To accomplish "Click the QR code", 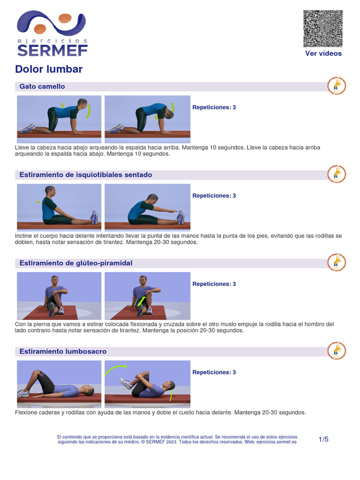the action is (x=323, y=29).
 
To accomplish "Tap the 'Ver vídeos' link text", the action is (x=323, y=53).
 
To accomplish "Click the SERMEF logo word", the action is (x=52, y=51).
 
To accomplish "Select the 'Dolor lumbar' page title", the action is (x=49, y=69).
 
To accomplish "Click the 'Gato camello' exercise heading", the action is (x=42, y=86).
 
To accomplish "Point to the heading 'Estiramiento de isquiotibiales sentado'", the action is (x=86, y=175).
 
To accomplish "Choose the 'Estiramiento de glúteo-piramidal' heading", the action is (x=76, y=263).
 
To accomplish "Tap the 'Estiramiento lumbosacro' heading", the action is (x=63, y=352).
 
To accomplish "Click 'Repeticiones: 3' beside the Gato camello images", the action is (x=214, y=107).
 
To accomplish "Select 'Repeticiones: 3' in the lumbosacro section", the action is (x=214, y=372).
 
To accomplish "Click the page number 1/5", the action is (x=323, y=439).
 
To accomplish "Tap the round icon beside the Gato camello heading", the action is (x=337, y=86).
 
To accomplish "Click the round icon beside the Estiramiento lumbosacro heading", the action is (x=337, y=351).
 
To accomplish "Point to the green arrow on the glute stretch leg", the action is (x=141, y=300).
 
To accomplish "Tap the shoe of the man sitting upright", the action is (x=94, y=217).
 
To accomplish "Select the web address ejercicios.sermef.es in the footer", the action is (x=277, y=442).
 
